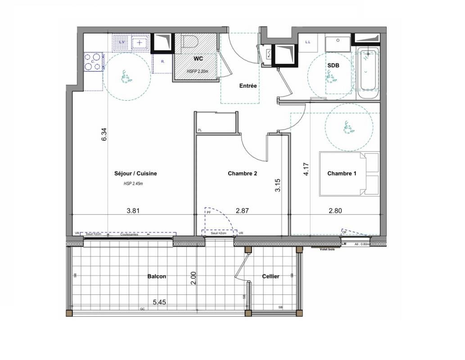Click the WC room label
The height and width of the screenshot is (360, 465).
click(198, 59)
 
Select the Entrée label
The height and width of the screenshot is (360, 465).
click(248, 85)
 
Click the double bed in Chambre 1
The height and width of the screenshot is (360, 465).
click(349, 174)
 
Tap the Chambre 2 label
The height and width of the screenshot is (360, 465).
click(242, 173)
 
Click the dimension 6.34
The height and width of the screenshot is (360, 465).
click(104, 135)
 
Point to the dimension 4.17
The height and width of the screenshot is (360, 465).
click(306, 169)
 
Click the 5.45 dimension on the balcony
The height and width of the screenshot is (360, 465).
click(159, 302)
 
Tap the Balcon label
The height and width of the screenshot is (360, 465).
click(157, 276)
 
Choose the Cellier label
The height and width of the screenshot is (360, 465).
click(271, 276)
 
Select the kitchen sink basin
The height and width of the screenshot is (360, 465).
click(140, 44)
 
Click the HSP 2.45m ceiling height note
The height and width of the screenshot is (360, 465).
click(133, 184)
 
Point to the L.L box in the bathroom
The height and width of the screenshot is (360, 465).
click(308, 43)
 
